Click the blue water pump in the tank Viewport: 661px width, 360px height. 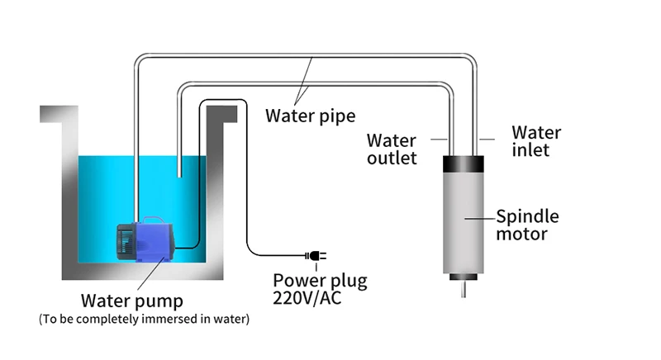[x=145, y=239]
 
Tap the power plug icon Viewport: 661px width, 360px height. [x=316, y=256]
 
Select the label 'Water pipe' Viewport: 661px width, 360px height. [x=311, y=116]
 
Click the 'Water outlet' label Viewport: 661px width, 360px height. [x=392, y=149]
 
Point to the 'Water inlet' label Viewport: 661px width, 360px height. [x=536, y=141]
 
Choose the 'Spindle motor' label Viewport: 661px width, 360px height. [x=527, y=225]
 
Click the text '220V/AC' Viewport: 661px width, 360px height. [x=307, y=298]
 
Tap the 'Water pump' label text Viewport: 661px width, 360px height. [x=132, y=301]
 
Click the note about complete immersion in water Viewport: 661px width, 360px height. [x=144, y=319]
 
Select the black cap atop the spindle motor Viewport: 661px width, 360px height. [x=464, y=163]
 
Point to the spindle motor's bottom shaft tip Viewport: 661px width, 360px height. [x=464, y=296]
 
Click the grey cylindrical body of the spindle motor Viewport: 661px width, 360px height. [x=464, y=223]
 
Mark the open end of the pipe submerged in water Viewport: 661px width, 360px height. [x=179, y=176]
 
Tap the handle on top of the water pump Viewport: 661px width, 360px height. [x=154, y=219]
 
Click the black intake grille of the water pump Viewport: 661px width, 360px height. [x=126, y=241]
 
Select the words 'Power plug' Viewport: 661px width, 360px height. [x=320, y=281]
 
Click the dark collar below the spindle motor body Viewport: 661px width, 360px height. [x=464, y=277]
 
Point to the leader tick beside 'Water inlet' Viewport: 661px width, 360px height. [x=487, y=139]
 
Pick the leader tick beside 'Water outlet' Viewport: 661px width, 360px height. [x=439, y=139]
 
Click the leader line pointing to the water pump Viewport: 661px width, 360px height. [x=151, y=272]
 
